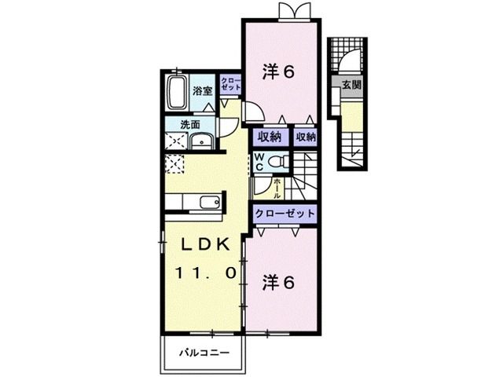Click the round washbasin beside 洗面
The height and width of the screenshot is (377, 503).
click(x=200, y=141)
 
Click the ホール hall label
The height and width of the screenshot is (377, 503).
click(x=277, y=188)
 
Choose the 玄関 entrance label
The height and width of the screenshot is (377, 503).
click(x=351, y=84)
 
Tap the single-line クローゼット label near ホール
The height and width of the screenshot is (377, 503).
click(x=285, y=213)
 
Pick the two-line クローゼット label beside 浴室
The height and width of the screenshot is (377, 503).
click(x=230, y=85)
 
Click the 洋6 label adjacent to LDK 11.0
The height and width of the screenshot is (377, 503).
click(x=277, y=282)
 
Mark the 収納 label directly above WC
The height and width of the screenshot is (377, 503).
click(x=269, y=136)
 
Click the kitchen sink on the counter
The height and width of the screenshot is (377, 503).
click(x=208, y=203)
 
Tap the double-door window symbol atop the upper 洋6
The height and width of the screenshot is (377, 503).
click(x=282, y=10)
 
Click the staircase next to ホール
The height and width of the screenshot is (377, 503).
click(x=303, y=182)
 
